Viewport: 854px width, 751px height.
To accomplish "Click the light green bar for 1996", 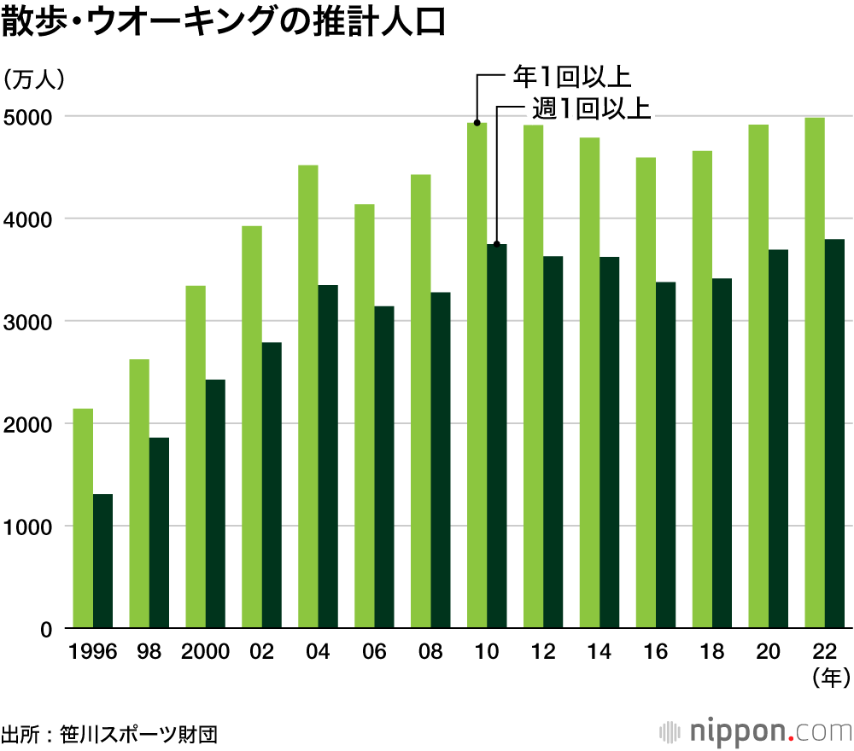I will [83, 519].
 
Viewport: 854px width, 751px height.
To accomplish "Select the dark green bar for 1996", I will [102, 562].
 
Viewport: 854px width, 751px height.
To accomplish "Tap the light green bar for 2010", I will [477, 375].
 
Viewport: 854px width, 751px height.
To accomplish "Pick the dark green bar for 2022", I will [834, 434].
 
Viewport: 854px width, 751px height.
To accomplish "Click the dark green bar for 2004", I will [328, 457].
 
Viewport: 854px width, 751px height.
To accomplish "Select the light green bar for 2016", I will [646, 393].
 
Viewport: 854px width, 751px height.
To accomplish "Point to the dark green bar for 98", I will [159, 533].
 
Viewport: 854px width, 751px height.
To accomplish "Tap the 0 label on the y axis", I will [47, 629].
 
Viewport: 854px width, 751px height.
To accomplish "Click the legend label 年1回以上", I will [571, 77].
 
